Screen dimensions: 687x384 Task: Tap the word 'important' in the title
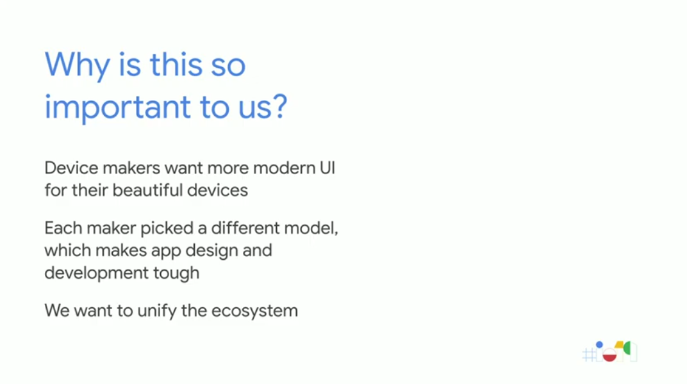pos(117,107)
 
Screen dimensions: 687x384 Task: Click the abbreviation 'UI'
pos(327,168)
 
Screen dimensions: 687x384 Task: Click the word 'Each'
pos(63,228)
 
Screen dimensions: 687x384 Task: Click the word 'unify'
pos(157,312)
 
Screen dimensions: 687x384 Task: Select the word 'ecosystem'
pos(254,312)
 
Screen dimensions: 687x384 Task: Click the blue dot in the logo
pos(599,345)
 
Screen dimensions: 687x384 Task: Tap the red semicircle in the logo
pos(609,356)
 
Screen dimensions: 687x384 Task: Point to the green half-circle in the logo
pos(627,349)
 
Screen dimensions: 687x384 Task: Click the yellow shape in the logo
pos(619,346)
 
